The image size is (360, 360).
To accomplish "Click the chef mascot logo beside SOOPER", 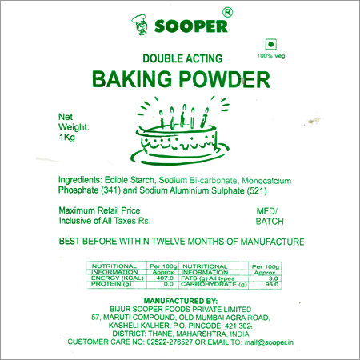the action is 139,25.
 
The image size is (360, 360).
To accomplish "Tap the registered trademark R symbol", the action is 227,12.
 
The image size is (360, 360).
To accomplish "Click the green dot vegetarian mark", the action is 270,44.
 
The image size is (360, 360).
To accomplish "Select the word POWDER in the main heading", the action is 225,79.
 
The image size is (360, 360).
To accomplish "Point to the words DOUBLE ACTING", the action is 182,58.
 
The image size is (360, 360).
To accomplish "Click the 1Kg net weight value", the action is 67,138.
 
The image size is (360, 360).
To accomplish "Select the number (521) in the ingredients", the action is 257,191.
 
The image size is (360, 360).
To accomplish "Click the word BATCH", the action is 270,222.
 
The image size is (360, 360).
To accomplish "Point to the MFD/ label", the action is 267,211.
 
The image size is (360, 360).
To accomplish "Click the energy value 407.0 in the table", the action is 165,278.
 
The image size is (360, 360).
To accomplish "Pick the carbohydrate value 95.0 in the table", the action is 272,285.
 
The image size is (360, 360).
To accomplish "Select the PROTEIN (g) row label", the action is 111,284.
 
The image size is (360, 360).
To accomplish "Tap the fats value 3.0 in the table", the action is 274,278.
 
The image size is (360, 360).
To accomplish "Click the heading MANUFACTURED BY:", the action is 181,301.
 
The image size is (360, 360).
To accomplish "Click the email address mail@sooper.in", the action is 269,342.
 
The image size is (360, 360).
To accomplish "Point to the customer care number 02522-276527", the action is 170,342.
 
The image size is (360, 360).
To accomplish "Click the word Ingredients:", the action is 80,181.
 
